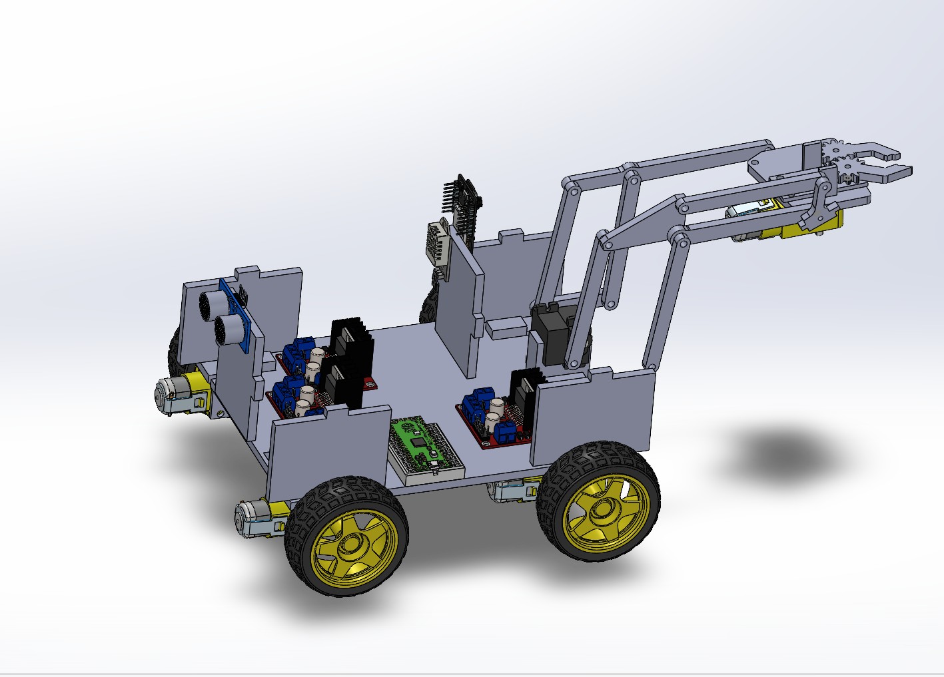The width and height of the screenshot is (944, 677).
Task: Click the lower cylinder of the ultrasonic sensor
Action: (x=226, y=328)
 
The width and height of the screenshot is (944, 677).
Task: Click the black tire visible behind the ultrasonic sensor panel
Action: (x=175, y=353)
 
